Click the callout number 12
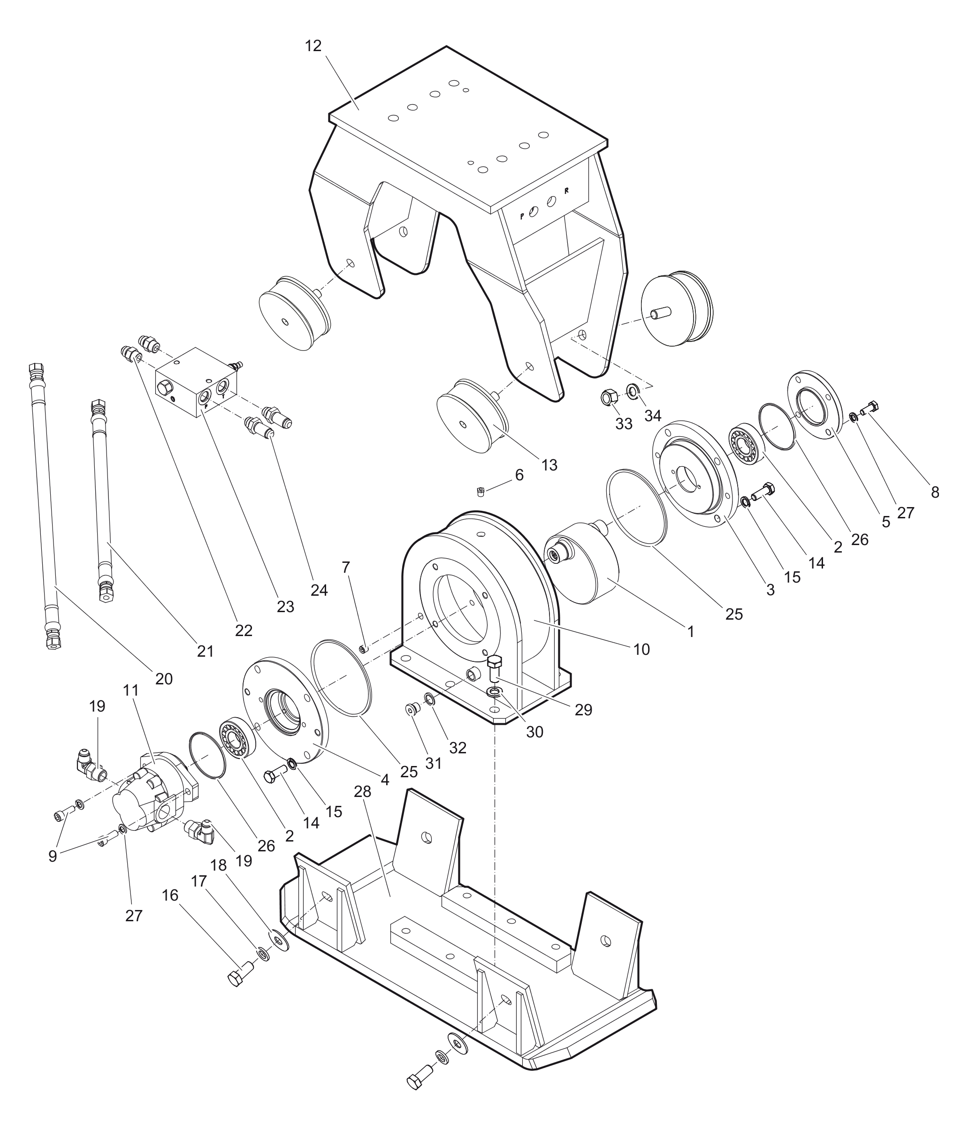pyautogui.click(x=313, y=46)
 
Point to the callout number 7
pyautogui.click(x=345, y=567)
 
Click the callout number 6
pyautogui.click(x=519, y=475)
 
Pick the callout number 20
pyautogui.click(x=164, y=679)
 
